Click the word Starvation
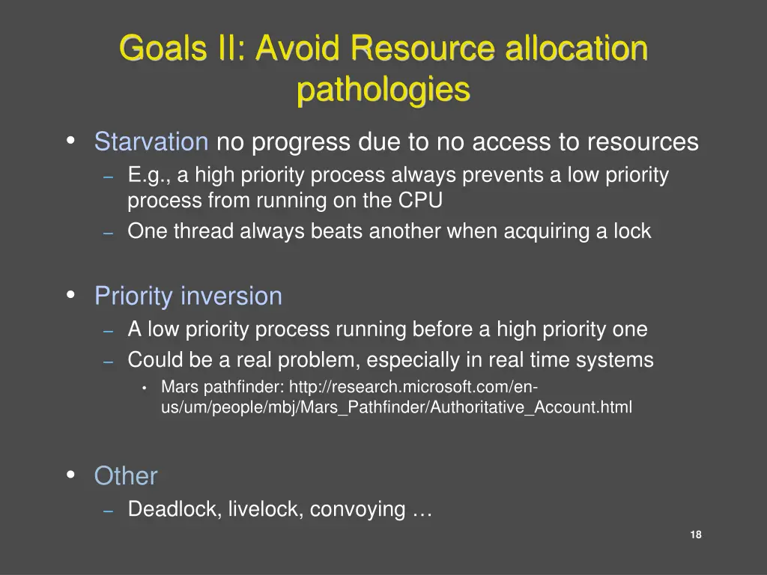(151, 142)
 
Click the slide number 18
(695, 535)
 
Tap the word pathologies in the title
(383, 90)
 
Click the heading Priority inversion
(188, 296)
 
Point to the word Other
(125, 476)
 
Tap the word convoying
(357, 509)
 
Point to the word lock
(633, 231)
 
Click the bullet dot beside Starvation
(70, 140)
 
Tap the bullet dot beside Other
(70, 475)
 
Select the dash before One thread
(108, 232)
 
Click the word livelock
(265, 509)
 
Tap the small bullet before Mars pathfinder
(143, 388)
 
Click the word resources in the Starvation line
(642, 142)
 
